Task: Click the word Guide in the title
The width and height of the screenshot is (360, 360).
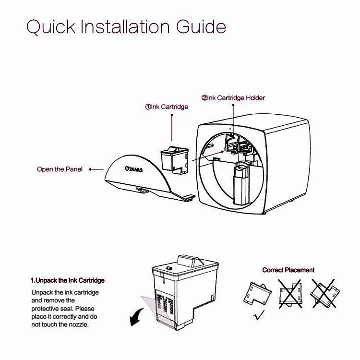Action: pos(201,27)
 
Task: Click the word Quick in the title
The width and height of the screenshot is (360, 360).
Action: pos(51,27)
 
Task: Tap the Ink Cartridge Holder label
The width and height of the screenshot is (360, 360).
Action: pos(233,98)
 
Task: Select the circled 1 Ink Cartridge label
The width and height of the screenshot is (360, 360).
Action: pos(167,107)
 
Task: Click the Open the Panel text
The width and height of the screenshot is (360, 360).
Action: pos(60,169)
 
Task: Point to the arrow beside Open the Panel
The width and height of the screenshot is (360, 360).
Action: pos(96,169)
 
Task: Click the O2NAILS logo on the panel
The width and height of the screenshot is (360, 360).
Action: pos(133,169)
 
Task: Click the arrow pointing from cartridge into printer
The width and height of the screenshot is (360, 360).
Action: pos(208,156)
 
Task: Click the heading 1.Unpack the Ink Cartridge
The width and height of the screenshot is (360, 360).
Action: pos(68,280)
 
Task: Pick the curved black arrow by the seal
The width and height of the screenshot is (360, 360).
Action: pos(137,317)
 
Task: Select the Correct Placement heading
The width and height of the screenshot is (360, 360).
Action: pos(288,270)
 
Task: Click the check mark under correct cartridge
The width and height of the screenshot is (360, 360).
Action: pos(259,315)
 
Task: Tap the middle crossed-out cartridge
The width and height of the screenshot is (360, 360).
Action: pos(290,294)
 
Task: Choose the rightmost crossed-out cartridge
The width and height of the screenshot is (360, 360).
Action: pos(324,293)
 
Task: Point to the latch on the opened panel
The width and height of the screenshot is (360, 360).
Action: pos(142,190)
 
